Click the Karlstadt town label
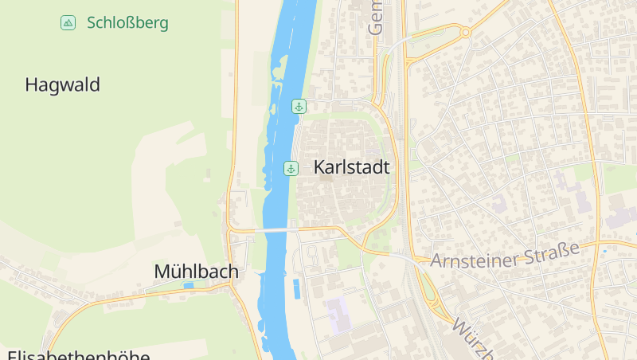(x=351, y=167)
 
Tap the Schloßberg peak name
(x=127, y=23)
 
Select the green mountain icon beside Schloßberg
(x=68, y=22)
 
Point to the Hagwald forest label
(x=62, y=84)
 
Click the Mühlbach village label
(x=196, y=272)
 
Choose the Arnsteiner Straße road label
(x=505, y=256)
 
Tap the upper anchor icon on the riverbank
(x=299, y=106)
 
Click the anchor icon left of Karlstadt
(x=291, y=167)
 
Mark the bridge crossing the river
(x=275, y=230)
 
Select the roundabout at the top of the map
(x=464, y=32)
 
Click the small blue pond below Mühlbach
(x=189, y=285)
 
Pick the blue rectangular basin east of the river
(x=296, y=288)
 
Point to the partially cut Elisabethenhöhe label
(x=78, y=354)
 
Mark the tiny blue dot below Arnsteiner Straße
(x=604, y=252)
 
